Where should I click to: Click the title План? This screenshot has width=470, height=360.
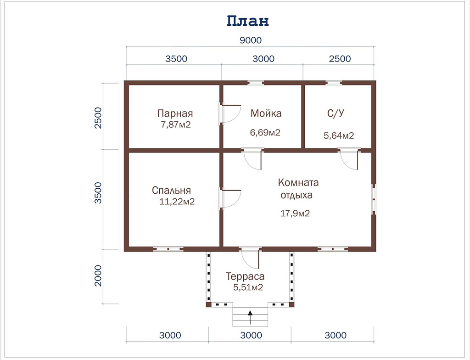tap(247, 21)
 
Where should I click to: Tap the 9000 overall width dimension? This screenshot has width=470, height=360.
tap(251, 40)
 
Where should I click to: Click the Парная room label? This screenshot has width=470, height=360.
tap(175, 113)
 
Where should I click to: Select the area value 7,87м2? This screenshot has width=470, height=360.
tap(176, 124)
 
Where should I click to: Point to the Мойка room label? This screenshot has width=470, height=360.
tap(266, 113)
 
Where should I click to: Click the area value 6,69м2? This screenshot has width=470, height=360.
tap(265, 132)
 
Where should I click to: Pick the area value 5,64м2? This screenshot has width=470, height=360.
tap(339, 135)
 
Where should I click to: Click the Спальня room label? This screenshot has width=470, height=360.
tap(171, 190)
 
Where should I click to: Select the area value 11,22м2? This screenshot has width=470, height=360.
tap(177, 201)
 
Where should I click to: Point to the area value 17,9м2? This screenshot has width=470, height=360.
tap(295, 214)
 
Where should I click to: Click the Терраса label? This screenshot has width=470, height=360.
tap(245, 276)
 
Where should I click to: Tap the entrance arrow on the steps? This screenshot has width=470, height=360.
tap(250, 317)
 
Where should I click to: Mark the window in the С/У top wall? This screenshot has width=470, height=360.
tap(334, 83)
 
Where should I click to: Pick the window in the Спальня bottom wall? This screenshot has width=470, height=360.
tap(168, 249)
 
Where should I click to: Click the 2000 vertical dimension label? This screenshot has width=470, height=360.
tap(98, 276)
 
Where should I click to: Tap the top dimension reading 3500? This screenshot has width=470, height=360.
tap(176, 59)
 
